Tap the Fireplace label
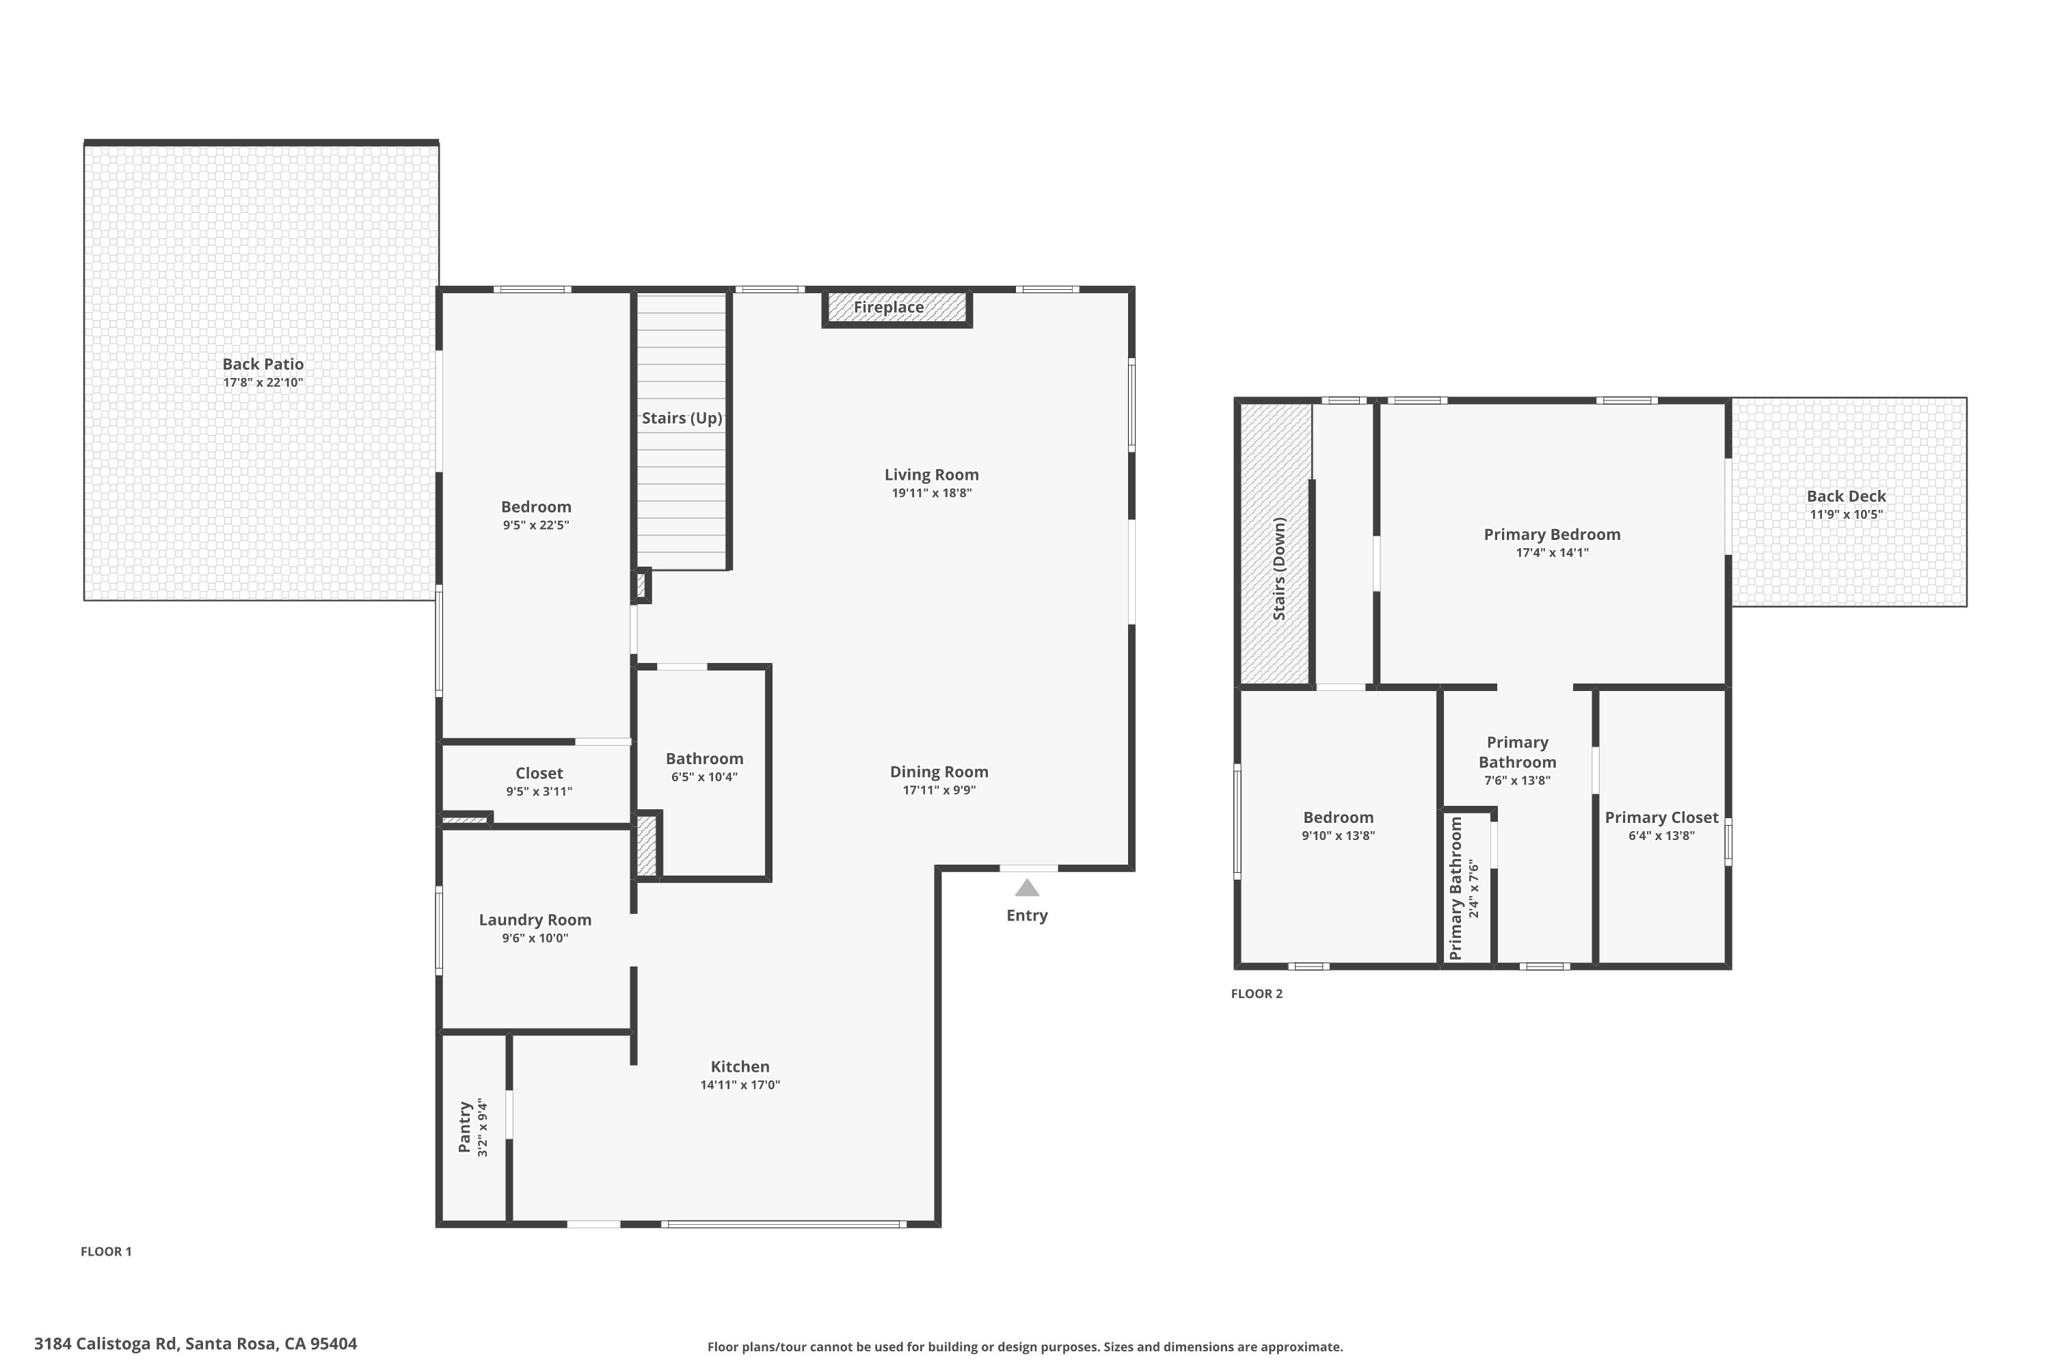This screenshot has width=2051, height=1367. point(889,307)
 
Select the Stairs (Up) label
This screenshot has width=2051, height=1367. point(682,418)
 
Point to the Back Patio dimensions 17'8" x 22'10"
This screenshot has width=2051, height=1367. point(263,383)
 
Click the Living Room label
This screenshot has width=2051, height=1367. point(931,474)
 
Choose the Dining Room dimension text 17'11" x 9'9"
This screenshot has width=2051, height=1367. point(939,791)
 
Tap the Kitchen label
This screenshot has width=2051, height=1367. point(740,1066)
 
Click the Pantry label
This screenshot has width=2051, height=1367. point(465,1126)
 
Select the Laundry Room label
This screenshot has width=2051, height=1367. point(535,920)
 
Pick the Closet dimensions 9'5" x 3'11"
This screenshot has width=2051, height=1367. point(539,791)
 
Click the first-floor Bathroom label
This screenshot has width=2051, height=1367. point(705,759)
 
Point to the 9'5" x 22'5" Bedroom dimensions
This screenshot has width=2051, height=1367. point(536,525)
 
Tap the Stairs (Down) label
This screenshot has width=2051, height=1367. point(1279,569)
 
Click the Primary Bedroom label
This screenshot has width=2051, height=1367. point(1552,534)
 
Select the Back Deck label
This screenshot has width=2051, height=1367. point(1846,496)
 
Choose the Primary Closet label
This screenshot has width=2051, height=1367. point(1662,817)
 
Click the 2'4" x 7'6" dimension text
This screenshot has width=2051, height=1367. point(1475,889)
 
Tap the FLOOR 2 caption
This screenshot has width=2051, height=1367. point(1257,994)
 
